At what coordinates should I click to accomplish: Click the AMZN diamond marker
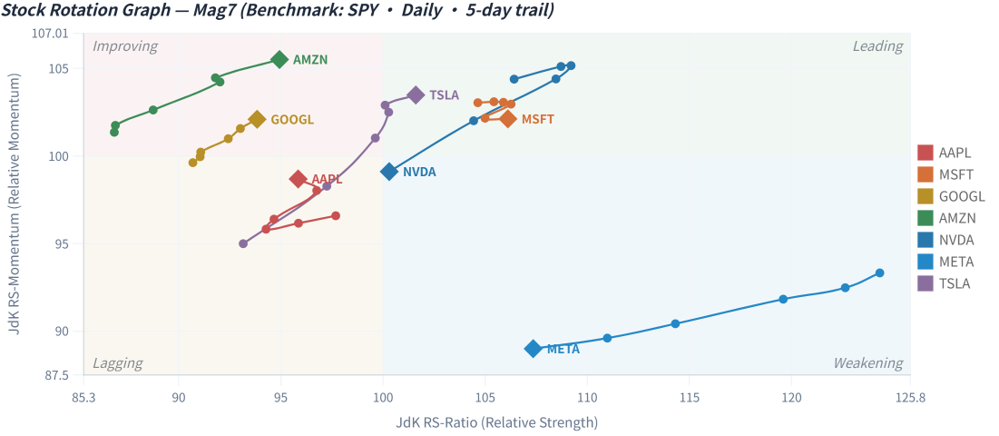click(279, 60)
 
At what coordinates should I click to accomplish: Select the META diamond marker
click(534, 349)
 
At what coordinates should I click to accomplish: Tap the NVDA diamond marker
click(389, 172)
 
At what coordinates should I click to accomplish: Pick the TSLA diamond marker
click(416, 95)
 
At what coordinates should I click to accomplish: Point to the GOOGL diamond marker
click(258, 119)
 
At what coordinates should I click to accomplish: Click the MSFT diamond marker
click(508, 119)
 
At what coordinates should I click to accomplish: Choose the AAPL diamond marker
click(299, 179)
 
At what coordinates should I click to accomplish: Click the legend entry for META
click(945, 262)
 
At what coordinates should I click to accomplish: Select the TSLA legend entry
click(945, 283)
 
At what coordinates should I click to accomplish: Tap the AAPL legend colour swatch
click(926, 153)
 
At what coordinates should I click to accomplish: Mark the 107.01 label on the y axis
click(50, 33)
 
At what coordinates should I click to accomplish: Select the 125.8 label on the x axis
click(910, 396)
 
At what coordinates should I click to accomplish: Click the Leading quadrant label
click(878, 46)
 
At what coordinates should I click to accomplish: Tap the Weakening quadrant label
click(868, 363)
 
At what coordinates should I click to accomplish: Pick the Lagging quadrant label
click(118, 363)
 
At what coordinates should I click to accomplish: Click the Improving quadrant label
click(125, 46)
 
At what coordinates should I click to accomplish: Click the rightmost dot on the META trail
click(880, 272)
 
